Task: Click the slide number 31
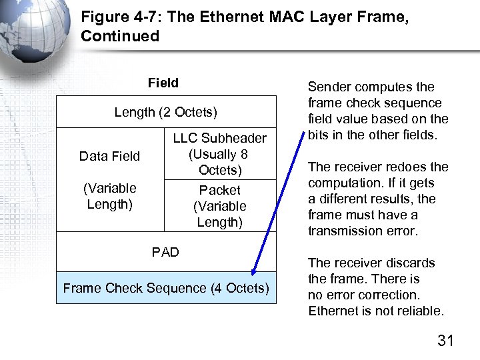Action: pyautogui.click(x=445, y=341)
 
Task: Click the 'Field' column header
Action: pyautogui.click(x=163, y=83)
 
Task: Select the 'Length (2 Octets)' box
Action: pyautogui.click(x=166, y=112)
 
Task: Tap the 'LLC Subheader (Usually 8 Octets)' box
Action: pyautogui.click(x=219, y=154)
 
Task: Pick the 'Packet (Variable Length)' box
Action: pyautogui.click(x=219, y=206)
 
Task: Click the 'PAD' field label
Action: pyautogui.click(x=165, y=252)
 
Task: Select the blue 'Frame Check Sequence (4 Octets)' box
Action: pyautogui.click(x=166, y=288)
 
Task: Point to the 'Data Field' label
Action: pyautogui.click(x=109, y=156)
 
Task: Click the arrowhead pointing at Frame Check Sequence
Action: pyautogui.click(x=253, y=271)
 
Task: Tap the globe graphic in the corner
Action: pyautogui.click(x=33, y=27)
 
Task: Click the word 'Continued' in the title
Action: pyautogui.click(x=120, y=36)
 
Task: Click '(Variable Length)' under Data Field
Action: pyautogui.click(x=109, y=196)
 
